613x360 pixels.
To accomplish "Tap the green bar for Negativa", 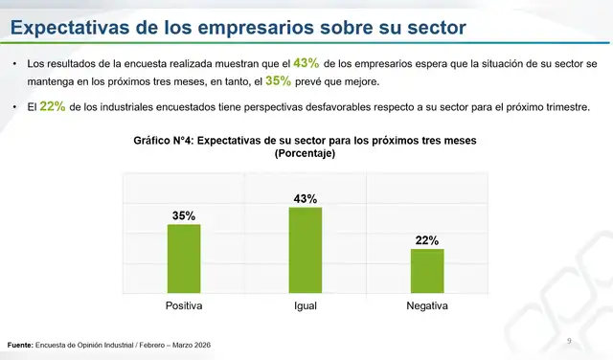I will pyautogui.click(x=427, y=270).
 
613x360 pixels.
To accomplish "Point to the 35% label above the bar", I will pyautogui.click(x=184, y=216).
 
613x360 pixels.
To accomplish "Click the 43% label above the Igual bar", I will pyautogui.click(x=306, y=199).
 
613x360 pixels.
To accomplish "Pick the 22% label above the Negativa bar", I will pyautogui.click(x=427, y=240).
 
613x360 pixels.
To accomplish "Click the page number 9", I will pyautogui.click(x=569, y=341).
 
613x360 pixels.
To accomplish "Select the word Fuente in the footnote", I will pyautogui.click(x=19, y=345).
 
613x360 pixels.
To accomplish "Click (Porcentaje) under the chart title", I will pyautogui.click(x=305, y=153).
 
